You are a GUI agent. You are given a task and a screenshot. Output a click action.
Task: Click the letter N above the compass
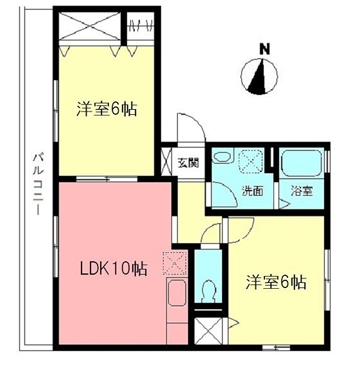264,49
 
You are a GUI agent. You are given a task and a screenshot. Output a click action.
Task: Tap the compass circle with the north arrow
259,76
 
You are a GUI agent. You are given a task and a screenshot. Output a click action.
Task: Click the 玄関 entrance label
188,162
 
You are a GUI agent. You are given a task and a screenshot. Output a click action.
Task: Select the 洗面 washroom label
252,191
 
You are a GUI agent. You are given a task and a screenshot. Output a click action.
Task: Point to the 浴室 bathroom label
302,191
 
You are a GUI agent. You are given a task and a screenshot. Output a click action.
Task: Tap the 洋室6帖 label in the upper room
107,108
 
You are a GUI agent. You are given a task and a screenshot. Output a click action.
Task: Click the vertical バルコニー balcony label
39,184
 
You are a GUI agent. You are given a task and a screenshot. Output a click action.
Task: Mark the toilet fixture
209,291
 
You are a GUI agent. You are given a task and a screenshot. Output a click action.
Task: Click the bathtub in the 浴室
302,163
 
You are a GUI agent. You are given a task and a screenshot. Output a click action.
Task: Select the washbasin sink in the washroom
222,157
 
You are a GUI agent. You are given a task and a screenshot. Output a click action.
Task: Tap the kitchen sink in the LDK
177,293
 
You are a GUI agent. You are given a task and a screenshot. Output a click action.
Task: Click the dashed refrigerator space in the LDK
175,263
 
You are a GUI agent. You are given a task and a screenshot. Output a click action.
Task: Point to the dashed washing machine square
251,160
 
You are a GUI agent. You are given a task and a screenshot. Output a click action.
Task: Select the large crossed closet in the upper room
90,26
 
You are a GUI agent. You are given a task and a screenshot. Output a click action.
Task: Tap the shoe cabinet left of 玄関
166,162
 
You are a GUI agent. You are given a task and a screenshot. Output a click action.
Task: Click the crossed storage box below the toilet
209,330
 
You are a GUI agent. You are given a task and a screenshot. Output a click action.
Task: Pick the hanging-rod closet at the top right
141,26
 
